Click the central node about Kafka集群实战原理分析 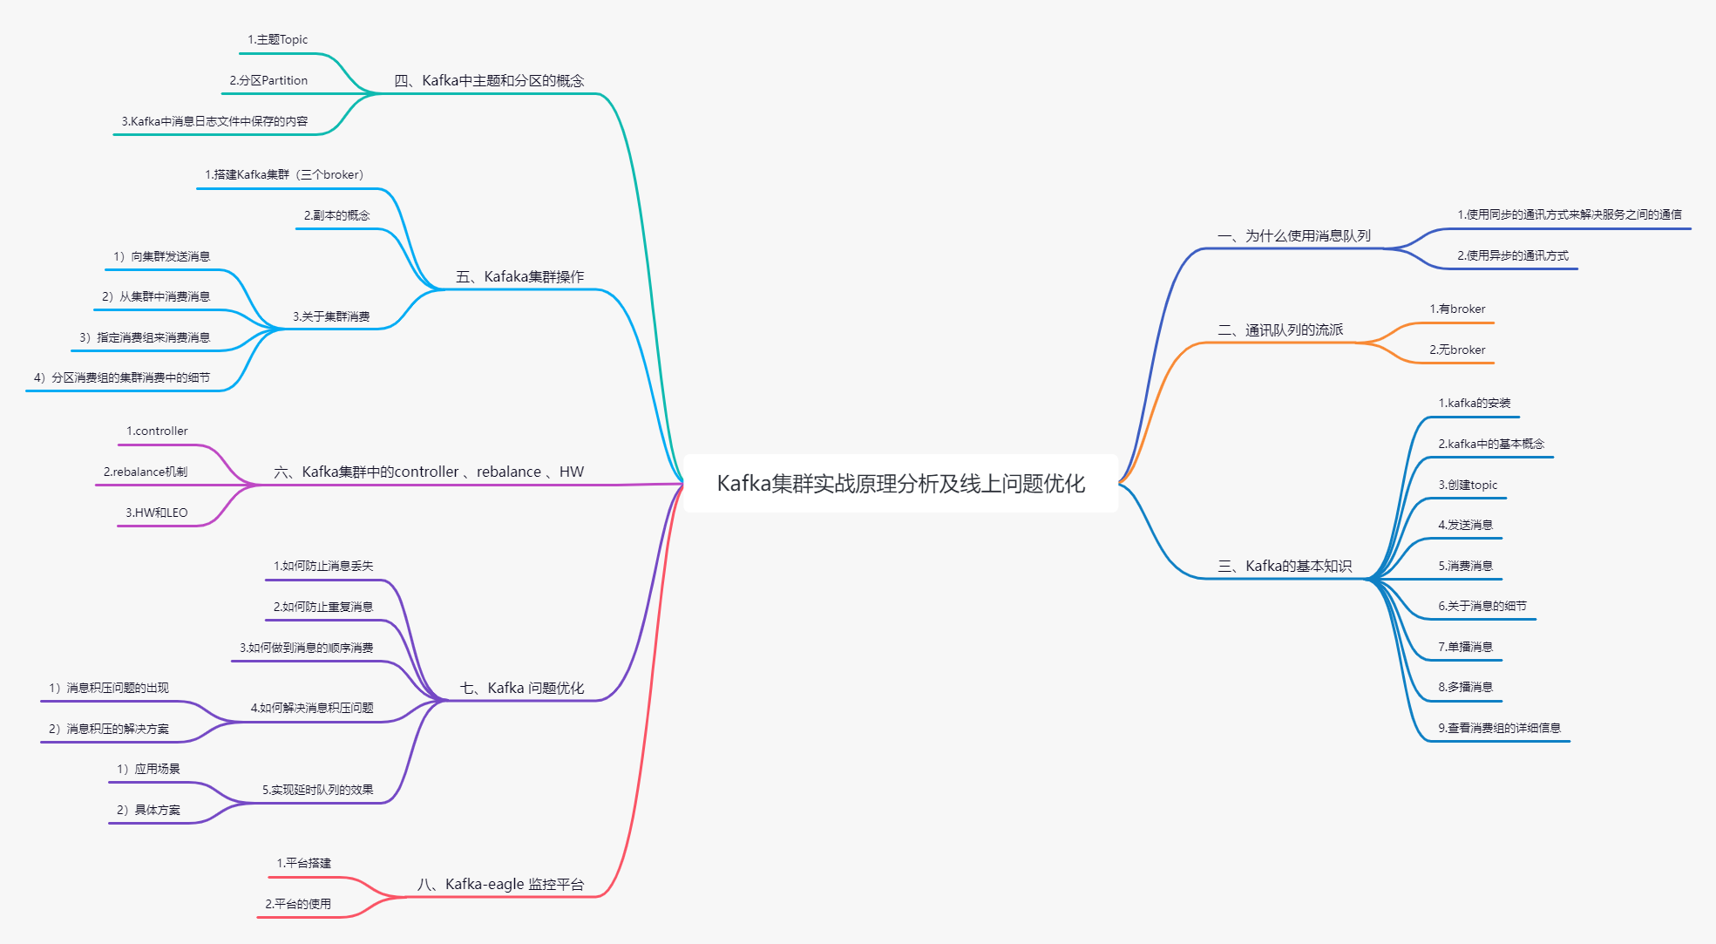pos(900,483)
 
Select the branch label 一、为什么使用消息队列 pos(1293,236)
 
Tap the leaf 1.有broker pos(1456,309)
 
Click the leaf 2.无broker pos(1456,350)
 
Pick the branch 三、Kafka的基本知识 pos(1285,567)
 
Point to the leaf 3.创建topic pos(1467,486)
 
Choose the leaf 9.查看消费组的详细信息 pos(1498,729)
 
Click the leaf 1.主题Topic pos(277,40)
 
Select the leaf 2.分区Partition pos(268,81)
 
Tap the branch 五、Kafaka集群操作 pos(519,277)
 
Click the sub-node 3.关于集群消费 pos(331,317)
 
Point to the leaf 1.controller pos(157,431)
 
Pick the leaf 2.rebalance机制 pos(145,472)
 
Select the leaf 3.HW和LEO pos(156,513)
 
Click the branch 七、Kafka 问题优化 pos(521,689)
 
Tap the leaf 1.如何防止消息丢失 pos(322,567)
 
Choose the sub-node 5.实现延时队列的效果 pos(317,791)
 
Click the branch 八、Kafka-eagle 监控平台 pos(500,885)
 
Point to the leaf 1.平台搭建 pos(303,864)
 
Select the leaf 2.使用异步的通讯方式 pos(1512,256)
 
